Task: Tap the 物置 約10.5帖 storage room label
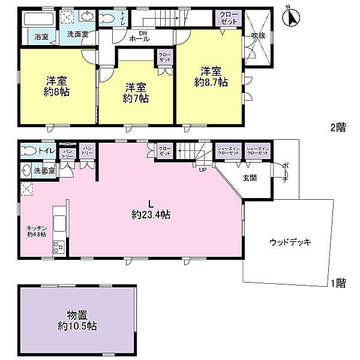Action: (77, 322)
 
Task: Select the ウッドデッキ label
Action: (290, 242)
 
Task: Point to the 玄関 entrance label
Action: (250, 178)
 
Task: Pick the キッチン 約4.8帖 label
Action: (36, 231)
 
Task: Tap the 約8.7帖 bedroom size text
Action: (211, 82)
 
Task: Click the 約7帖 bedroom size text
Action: (136, 98)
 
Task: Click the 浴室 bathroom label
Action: (41, 37)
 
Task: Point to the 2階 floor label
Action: (338, 127)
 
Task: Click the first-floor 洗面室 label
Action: (44, 171)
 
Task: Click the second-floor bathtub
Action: (36, 19)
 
